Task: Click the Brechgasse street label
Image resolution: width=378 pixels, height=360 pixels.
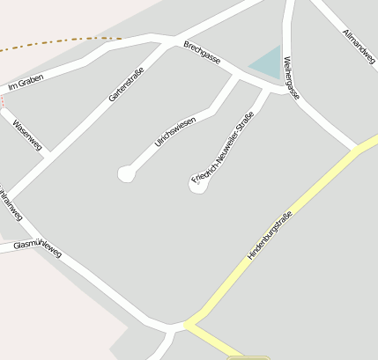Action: (202, 52)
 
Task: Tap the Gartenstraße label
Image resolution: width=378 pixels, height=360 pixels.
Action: (126, 80)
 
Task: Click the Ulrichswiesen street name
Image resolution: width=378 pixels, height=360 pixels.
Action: (174, 131)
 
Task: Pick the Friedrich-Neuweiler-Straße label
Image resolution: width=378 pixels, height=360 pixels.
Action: (222, 147)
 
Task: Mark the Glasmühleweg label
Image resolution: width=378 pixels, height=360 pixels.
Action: (38, 246)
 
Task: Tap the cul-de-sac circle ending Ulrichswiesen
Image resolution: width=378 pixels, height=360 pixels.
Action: (126, 173)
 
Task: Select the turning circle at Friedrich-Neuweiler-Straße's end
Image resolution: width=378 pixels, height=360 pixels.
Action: (198, 185)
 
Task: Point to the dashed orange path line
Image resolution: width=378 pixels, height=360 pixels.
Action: (62, 41)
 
